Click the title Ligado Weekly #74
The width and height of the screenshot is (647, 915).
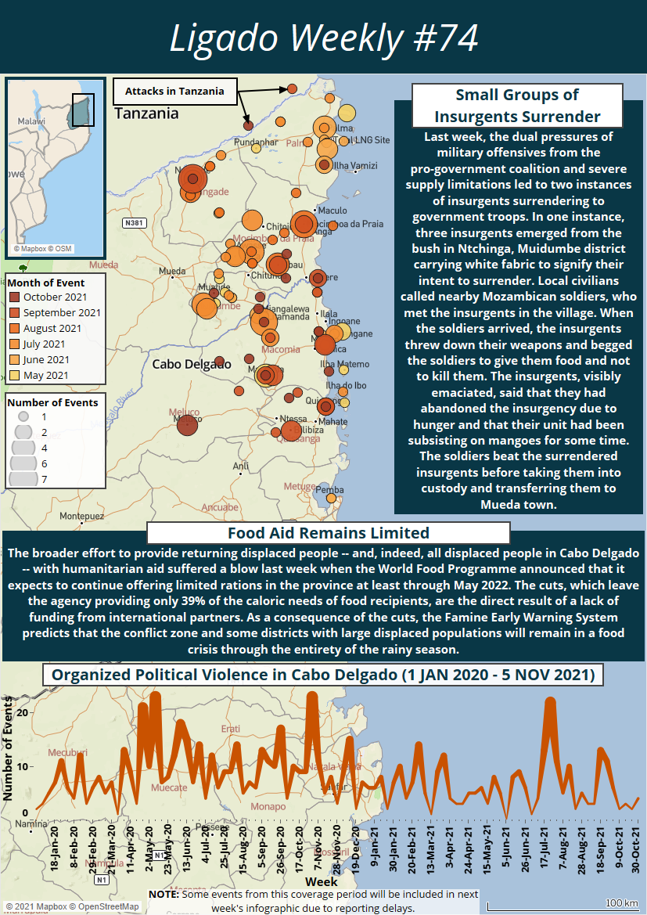[x=323, y=38]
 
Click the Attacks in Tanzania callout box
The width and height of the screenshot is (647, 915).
[x=174, y=92]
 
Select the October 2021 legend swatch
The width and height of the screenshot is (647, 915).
[x=15, y=297]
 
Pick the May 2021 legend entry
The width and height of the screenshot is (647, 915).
[x=45, y=376]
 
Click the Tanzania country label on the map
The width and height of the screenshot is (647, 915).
[x=146, y=113]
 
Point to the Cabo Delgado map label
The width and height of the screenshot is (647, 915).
[x=191, y=364]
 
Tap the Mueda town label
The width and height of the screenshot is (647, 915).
[x=172, y=272]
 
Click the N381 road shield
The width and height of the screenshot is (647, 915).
[x=135, y=223]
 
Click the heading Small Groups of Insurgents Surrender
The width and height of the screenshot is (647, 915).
[x=516, y=106]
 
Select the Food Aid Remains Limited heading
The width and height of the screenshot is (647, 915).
[x=329, y=533]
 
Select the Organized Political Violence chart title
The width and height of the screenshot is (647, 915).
[x=323, y=675]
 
